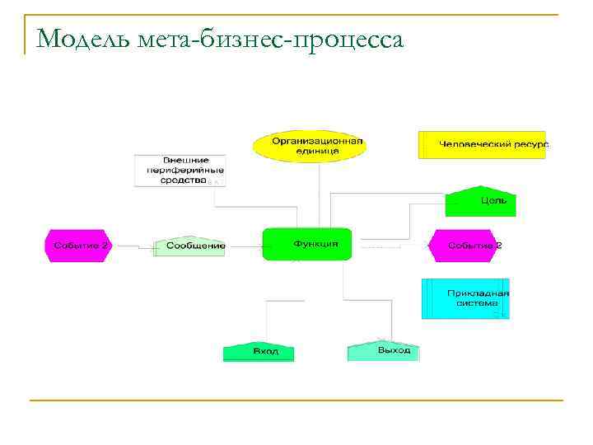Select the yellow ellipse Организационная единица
click(x=318, y=145)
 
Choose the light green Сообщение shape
click(x=189, y=246)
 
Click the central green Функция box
click(x=307, y=244)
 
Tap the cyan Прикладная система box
click(x=466, y=298)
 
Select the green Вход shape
click(x=259, y=351)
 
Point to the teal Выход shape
click(x=384, y=350)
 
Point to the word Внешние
click(x=185, y=159)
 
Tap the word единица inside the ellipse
click(x=318, y=151)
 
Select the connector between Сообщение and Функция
click(x=243, y=246)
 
